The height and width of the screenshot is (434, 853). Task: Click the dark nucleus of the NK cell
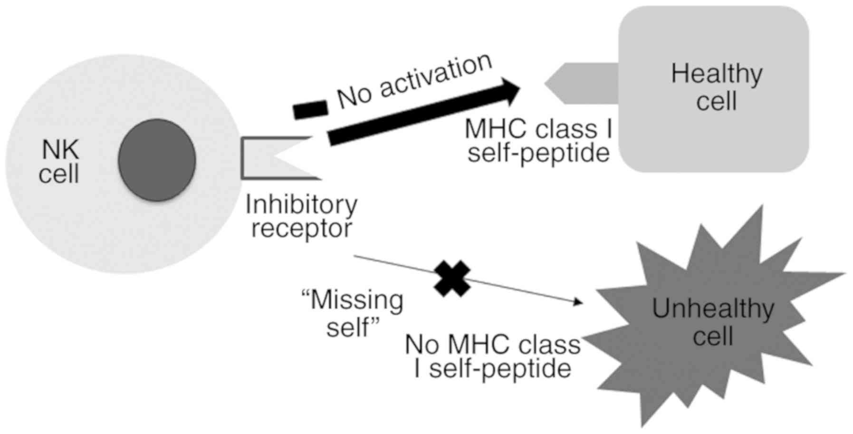click(157, 160)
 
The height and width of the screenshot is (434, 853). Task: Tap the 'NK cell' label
click(59, 162)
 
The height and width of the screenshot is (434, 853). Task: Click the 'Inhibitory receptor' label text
click(301, 216)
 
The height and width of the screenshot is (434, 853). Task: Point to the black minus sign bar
click(310, 109)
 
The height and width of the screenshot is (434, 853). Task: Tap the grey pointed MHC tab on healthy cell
click(580, 83)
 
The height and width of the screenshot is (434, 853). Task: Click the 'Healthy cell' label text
click(716, 87)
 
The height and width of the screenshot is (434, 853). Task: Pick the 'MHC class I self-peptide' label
click(538, 141)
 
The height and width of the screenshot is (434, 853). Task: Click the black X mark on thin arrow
click(452, 279)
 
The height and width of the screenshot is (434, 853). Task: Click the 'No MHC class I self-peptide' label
click(493, 357)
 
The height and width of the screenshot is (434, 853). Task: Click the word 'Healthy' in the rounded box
click(717, 74)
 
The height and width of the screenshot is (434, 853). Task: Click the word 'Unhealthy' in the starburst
click(713, 309)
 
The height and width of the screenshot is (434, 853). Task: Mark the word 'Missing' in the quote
click(356, 300)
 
